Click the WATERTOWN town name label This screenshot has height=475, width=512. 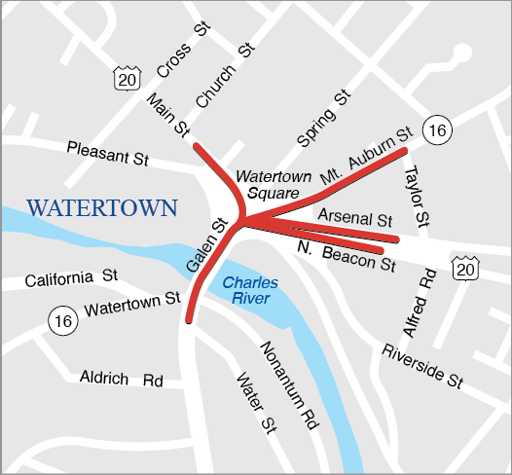102,207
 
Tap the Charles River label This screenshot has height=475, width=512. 250,290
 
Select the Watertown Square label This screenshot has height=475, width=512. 274,184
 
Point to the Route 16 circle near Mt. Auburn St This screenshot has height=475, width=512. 436,130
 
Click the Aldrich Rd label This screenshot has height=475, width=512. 121,379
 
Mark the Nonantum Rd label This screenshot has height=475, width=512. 289,385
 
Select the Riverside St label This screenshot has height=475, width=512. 421,365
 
